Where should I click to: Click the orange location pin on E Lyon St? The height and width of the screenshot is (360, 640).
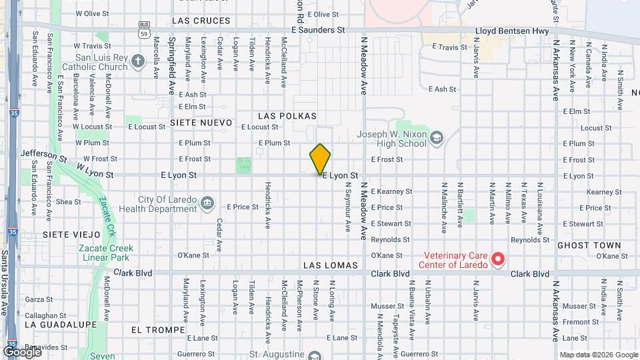coord(320,159)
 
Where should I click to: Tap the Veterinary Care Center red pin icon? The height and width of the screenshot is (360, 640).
coord(497,259)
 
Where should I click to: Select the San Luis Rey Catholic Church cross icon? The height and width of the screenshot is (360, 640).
coord(138,62)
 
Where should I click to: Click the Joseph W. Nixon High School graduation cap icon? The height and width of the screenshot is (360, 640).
coord(436,138)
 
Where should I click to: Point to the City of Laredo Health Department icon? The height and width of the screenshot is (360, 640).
coord(207,202)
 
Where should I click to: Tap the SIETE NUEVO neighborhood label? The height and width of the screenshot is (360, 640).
coord(201,123)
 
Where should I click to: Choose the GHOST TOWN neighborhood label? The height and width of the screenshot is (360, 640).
coord(589,245)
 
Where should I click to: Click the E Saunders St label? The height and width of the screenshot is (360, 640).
coord(318,31)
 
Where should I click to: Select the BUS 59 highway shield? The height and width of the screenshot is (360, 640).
coord(143,31)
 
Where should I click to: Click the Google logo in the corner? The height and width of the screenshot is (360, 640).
coord(21,351)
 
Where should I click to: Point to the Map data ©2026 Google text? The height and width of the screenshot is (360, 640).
coord(598,355)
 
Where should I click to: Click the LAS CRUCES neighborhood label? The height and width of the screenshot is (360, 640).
coord(201,21)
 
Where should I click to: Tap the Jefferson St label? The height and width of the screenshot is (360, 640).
coord(44,157)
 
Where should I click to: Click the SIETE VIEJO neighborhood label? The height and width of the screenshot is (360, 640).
coord(71,235)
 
